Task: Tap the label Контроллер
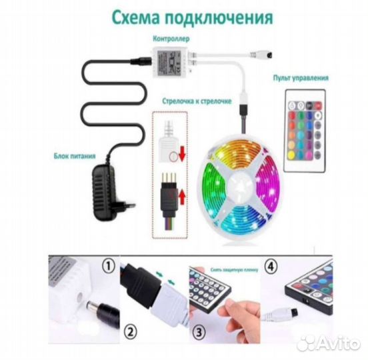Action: [x=171, y=39]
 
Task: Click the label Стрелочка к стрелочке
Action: [x=197, y=101]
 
